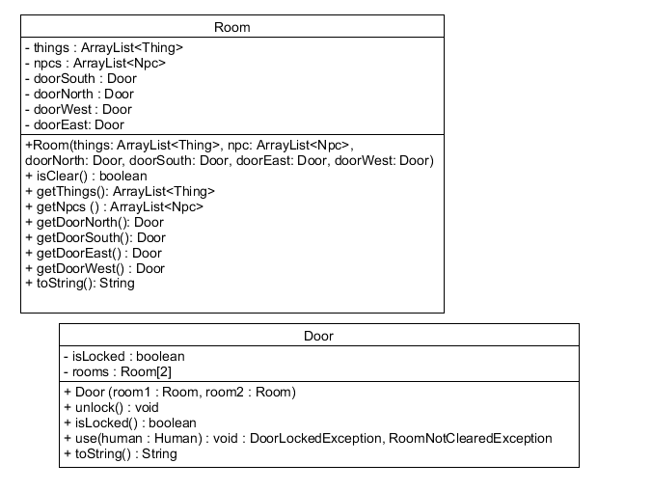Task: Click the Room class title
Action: click(231, 27)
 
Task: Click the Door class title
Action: click(318, 336)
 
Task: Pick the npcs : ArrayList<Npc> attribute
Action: click(95, 63)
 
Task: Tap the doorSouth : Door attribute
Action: click(81, 78)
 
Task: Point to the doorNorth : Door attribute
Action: click(80, 94)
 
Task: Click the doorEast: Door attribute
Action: click(75, 124)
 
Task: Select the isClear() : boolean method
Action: click(86, 176)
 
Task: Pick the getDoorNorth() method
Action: click(95, 222)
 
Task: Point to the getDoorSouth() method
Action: click(95, 237)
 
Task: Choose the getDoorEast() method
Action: click(94, 253)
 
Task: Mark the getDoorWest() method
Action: click(95, 268)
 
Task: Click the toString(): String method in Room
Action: click(80, 284)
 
